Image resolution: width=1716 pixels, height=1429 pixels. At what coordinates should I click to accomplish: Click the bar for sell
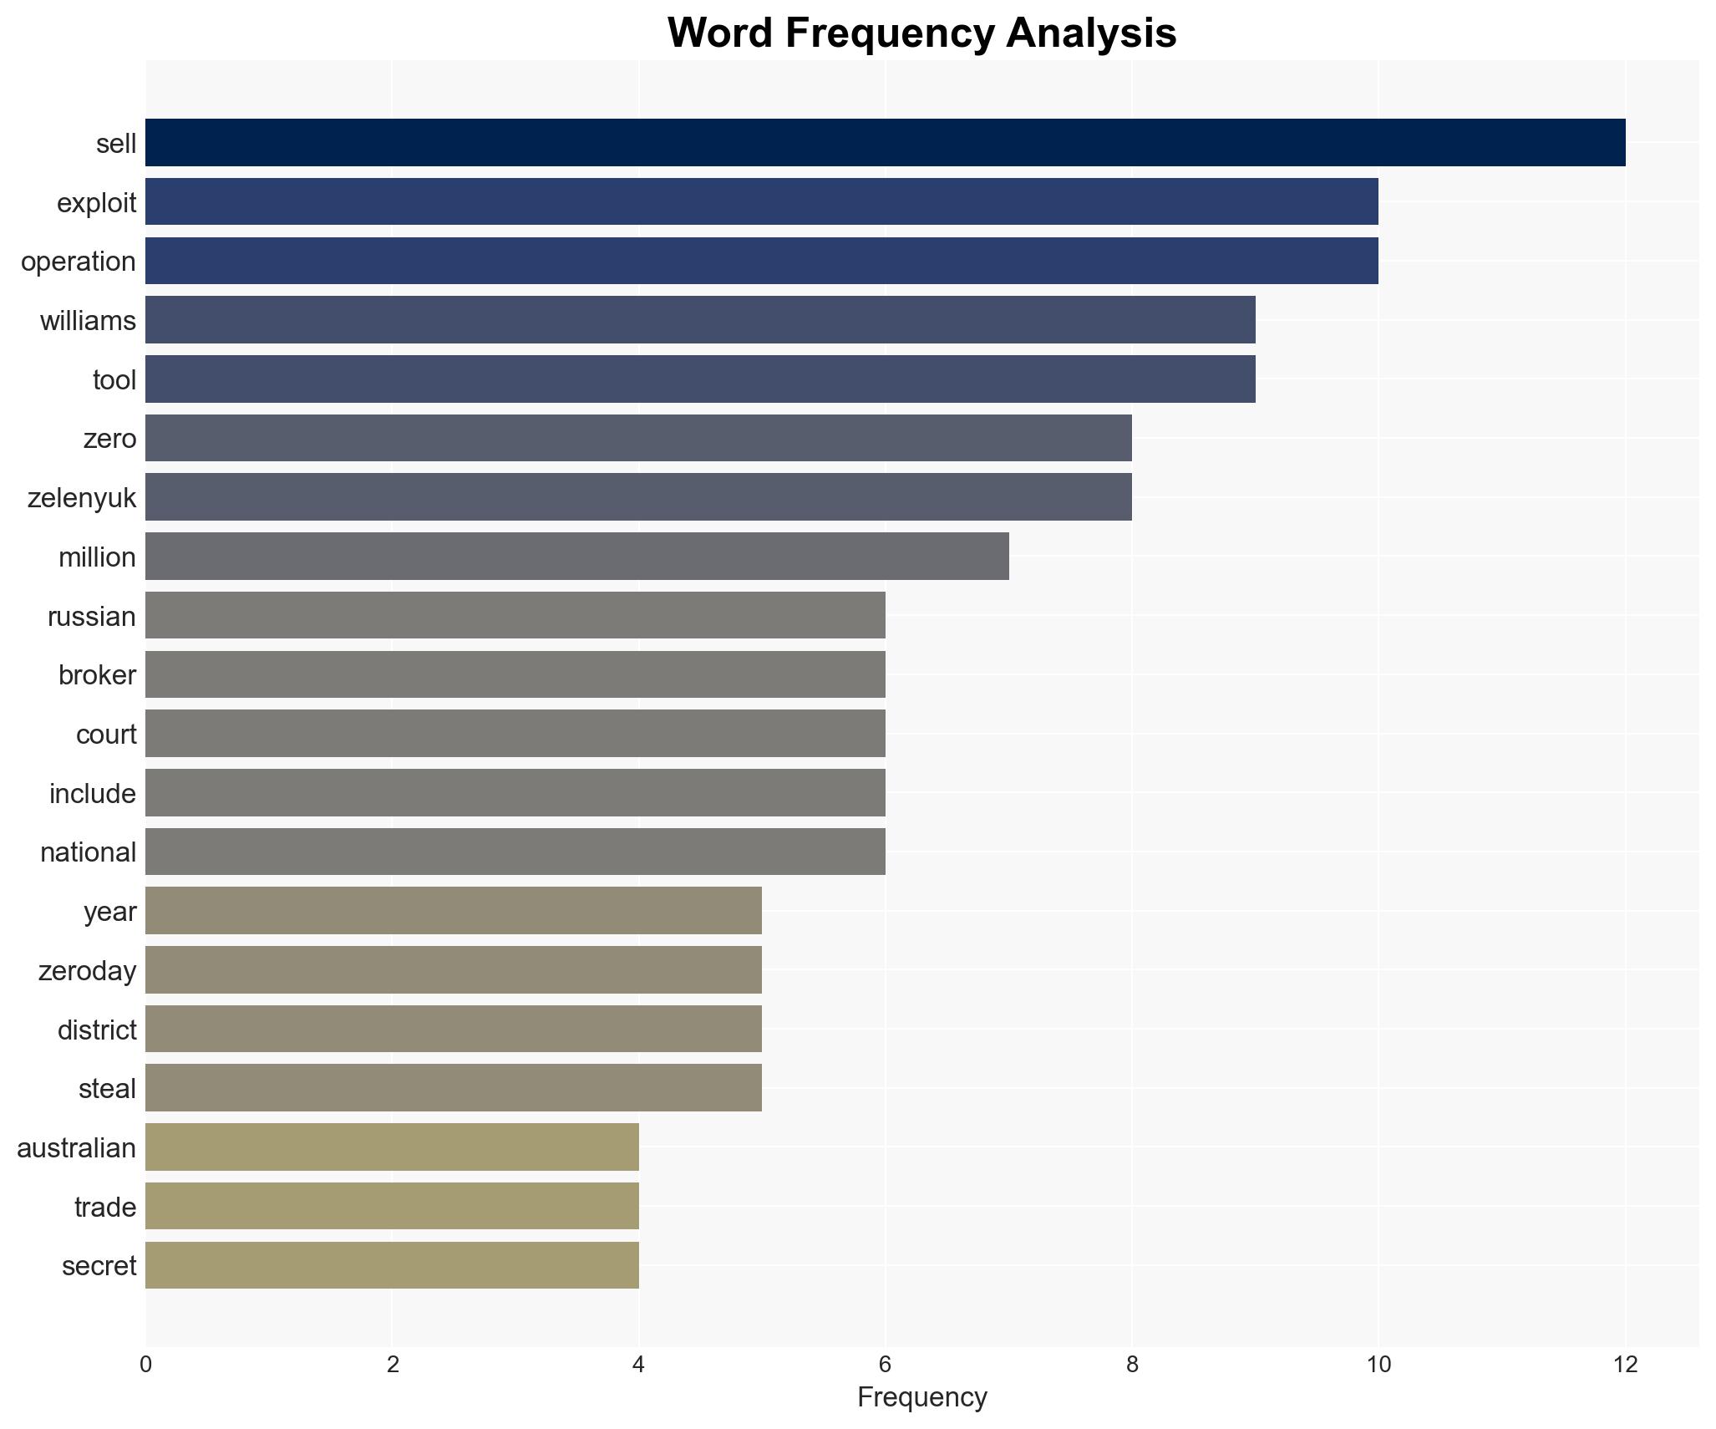(x=886, y=143)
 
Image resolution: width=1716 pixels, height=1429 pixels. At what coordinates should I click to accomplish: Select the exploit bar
(x=762, y=202)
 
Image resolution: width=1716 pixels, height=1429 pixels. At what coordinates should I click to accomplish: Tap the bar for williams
(x=700, y=320)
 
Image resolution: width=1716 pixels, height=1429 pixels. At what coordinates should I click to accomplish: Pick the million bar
(x=577, y=557)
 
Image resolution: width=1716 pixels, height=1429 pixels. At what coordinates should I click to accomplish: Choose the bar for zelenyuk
(x=638, y=497)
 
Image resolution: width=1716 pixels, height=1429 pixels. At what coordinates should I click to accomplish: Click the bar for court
(x=515, y=734)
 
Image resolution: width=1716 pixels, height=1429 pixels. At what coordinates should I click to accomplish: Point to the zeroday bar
(x=454, y=970)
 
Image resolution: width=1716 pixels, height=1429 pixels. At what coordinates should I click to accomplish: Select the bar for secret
(x=392, y=1265)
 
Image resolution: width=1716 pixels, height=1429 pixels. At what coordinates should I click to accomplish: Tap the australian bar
(x=392, y=1147)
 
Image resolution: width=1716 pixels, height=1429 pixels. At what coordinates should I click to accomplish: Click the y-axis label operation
(x=79, y=262)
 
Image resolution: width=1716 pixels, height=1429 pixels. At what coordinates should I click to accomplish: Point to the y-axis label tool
(x=114, y=380)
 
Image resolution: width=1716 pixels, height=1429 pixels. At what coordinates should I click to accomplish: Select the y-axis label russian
(x=92, y=617)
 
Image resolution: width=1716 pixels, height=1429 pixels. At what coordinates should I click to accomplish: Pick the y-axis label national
(x=88, y=852)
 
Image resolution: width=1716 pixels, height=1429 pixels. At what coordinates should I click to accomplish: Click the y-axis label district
(x=97, y=1030)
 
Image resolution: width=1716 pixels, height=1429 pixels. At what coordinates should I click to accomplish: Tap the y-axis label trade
(x=105, y=1207)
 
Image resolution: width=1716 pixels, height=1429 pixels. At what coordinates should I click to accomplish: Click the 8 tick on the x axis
(x=1132, y=1365)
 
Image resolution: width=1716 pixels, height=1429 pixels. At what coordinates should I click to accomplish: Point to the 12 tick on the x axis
(x=1625, y=1365)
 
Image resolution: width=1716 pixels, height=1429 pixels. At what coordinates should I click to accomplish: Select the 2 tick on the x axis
(x=392, y=1365)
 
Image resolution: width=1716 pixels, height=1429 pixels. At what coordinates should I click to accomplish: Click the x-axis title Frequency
(x=922, y=1397)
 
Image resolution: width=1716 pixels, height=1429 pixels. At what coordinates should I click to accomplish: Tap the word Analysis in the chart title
(x=1091, y=33)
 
